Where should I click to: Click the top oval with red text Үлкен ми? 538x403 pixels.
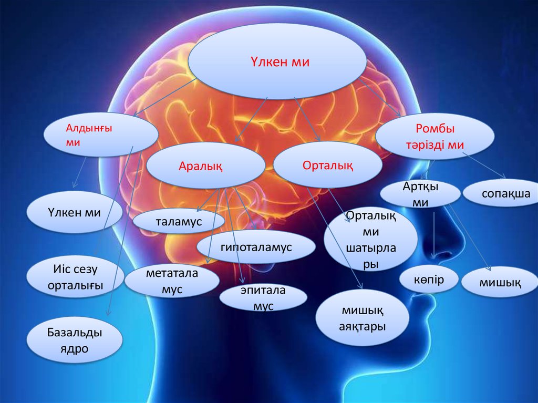point(277,61)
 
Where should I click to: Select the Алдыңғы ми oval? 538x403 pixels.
point(100,136)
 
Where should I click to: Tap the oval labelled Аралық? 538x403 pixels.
point(205,166)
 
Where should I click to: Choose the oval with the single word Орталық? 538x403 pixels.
point(327,165)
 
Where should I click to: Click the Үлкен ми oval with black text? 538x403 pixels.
point(75,213)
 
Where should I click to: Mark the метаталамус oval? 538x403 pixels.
point(172,281)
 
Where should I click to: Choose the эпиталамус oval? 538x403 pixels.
point(263,298)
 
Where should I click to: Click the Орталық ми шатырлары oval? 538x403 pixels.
point(370,239)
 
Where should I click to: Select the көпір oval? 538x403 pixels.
point(428,280)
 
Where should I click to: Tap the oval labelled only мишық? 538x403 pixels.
point(500,282)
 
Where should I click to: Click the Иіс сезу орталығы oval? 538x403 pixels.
point(75,277)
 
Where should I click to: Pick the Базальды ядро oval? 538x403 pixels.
point(74,340)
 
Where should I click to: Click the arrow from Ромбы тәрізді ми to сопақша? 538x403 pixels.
point(484,165)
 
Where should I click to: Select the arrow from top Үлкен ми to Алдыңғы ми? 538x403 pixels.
point(164,96)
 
